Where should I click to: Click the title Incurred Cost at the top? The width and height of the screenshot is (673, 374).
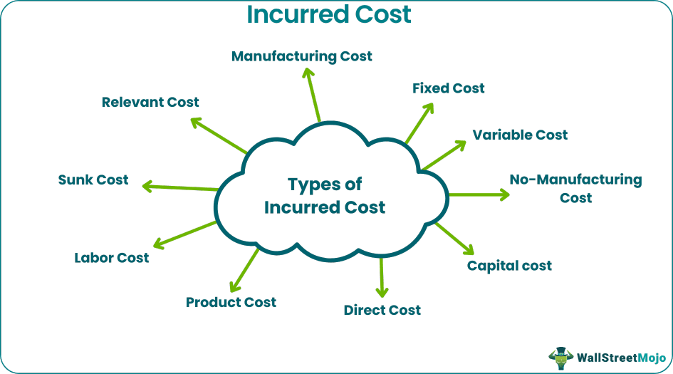[328, 14]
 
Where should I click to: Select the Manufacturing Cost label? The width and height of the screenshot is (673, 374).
[301, 56]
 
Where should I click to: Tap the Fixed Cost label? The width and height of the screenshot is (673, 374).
[449, 88]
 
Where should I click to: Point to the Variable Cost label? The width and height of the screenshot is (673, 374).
[520, 135]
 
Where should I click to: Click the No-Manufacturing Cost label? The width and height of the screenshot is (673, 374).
[575, 188]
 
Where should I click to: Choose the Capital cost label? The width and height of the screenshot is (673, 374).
[509, 266]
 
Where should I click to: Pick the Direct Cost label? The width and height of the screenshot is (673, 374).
[382, 310]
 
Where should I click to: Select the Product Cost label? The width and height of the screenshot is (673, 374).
[231, 302]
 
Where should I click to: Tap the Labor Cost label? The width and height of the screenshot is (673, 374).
[112, 257]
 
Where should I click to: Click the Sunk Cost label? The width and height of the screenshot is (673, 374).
[93, 180]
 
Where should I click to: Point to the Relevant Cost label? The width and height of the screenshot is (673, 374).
[150, 102]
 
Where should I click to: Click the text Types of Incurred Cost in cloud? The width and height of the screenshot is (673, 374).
[325, 196]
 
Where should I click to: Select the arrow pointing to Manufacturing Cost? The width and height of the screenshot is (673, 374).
[311, 94]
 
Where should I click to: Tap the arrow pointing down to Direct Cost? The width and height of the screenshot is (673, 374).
[382, 277]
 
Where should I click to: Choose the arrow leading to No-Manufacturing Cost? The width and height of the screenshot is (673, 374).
[479, 194]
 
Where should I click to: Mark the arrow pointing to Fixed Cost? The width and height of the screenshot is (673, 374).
[419, 123]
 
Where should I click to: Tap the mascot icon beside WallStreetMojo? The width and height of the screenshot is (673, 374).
[560, 355]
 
